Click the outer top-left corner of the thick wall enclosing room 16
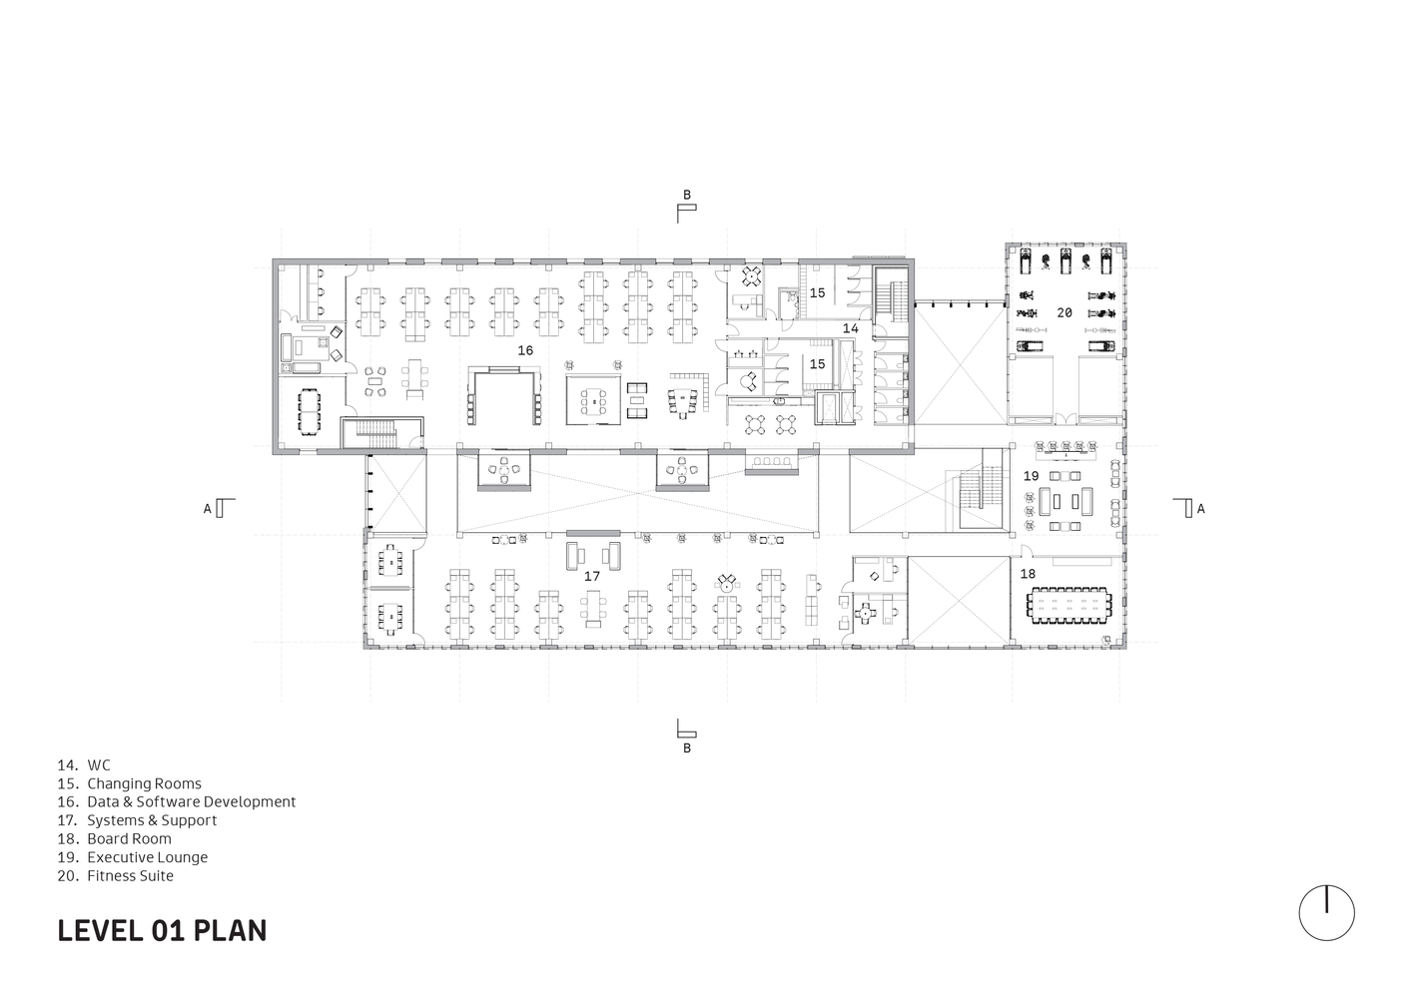[273, 258]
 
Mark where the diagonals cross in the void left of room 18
[959, 601]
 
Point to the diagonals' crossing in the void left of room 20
[959, 364]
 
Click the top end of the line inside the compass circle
[1326, 886]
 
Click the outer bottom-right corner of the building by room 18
[1126, 649]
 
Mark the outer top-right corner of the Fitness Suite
[1126, 244]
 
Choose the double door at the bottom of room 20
[1064, 418]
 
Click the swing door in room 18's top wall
[1026, 551]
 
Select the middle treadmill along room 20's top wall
[1065, 260]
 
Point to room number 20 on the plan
[1064, 312]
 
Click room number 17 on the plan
[592, 576]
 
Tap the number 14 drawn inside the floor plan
[851, 328]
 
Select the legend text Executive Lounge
[148, 857]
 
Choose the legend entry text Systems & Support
[152, 820]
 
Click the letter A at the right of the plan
[1201, 508]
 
